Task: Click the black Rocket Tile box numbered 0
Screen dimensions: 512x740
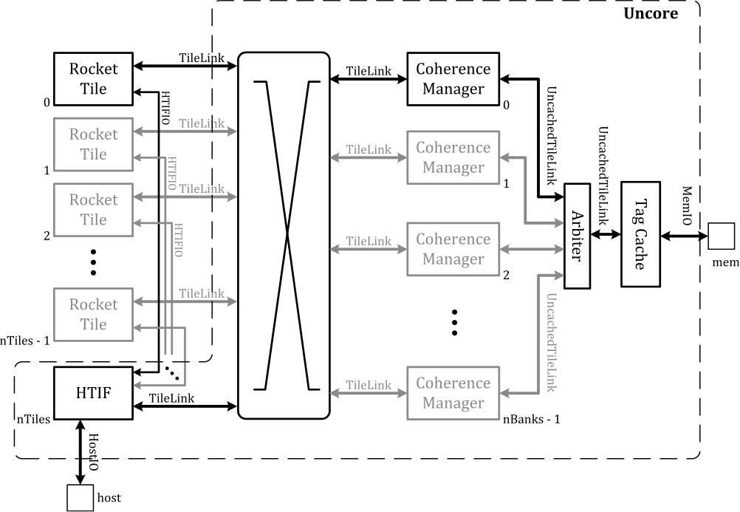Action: (x=93, y=78)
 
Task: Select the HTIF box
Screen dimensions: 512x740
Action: (x=93, y=392)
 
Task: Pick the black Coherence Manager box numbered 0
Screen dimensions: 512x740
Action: (x=453, y=78)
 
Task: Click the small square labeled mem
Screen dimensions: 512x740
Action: (x=720, y=236)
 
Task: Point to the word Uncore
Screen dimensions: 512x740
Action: (x=651, y=13)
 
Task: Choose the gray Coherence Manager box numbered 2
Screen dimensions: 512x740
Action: (x=453, y=249)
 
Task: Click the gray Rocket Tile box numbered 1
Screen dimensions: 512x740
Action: (x=93, y=144)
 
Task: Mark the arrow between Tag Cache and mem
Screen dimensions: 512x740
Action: (x=684, y=236)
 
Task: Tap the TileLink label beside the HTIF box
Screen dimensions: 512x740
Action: (x=171, y=397)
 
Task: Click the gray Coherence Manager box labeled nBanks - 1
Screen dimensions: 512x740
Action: (x=453, y=393)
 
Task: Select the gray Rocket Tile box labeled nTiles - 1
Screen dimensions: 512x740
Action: (x=93, y=314)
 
